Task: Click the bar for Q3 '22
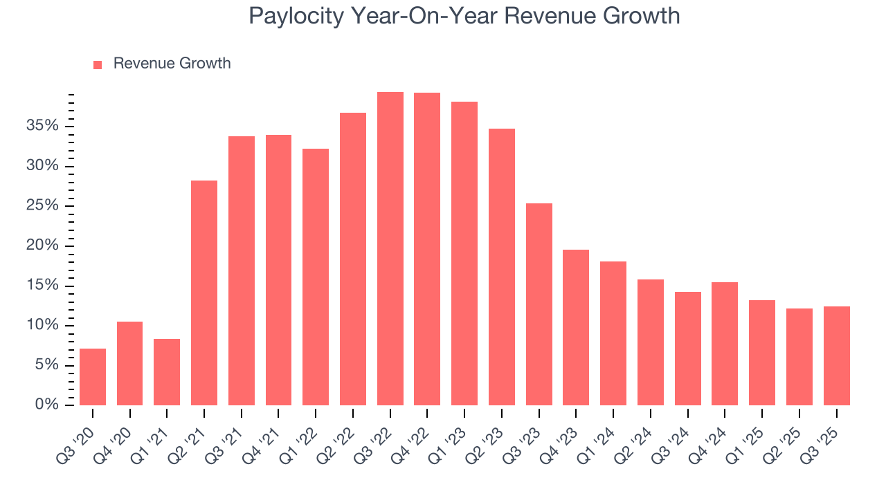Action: point(390,249)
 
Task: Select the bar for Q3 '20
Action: point(93,377)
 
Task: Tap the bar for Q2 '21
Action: point(204,293)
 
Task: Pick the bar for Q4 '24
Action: point(725,344)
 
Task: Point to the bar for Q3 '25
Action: point(836,356)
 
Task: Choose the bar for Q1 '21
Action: point(167,372)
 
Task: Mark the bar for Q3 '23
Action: point(539,304)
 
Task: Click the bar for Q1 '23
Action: point(464,254)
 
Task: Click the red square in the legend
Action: point(98,64)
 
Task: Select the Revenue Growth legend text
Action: point(172,64)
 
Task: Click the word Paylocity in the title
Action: point(296,17)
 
